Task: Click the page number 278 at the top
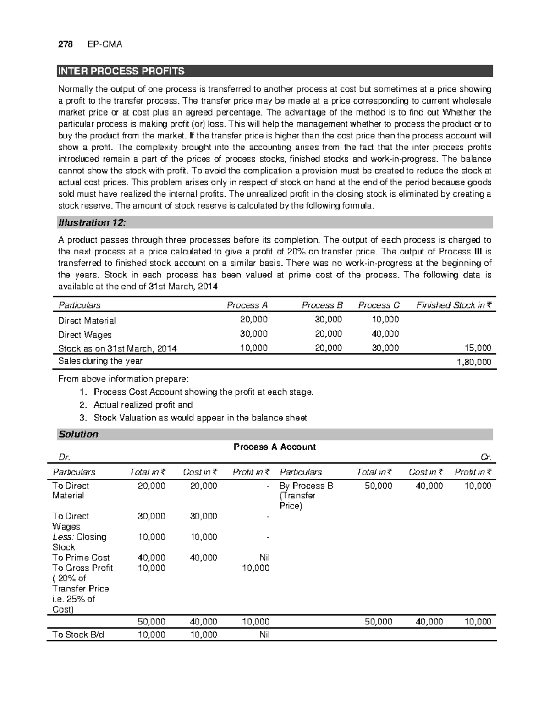(65, 44)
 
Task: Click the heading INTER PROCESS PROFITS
(121, 71)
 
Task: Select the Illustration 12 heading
(92, 223)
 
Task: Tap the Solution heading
(78, 434)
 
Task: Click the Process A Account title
(275, 447)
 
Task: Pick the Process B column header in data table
(322, 305)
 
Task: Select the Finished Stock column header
(453, 305)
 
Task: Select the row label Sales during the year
(100, 361)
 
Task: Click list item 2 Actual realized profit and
(143, 405)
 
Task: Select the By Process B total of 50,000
(378, 486)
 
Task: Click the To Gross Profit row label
(82, 568)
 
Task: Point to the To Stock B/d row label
(78, 635)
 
